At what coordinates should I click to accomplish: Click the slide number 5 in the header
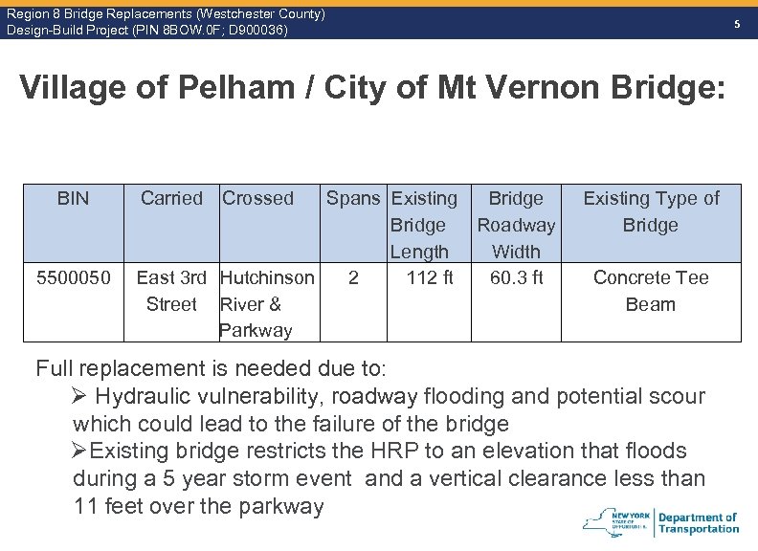click(x=737, y=24)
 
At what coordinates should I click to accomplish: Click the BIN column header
click(x=73, y=199)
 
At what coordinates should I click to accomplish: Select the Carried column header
click(x=171, y=199)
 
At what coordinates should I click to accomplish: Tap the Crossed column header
click(x=257, y=199)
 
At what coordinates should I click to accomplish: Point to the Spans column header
click(x=353, y=199)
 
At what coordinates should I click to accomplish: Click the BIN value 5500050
click(x=73, y=278)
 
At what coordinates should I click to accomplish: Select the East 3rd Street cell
click(x=171, y=291)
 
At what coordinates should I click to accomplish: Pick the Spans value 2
click(x=354, y=278)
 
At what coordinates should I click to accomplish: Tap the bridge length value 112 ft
click(x=430, y=278)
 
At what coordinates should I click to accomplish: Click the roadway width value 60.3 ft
click(x=516, y=278)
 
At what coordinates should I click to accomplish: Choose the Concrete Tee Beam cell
click(x=651, y=291)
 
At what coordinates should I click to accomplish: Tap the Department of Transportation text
click(x=699, y=523)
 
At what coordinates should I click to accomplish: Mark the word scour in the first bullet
click(x=676, y=396)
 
